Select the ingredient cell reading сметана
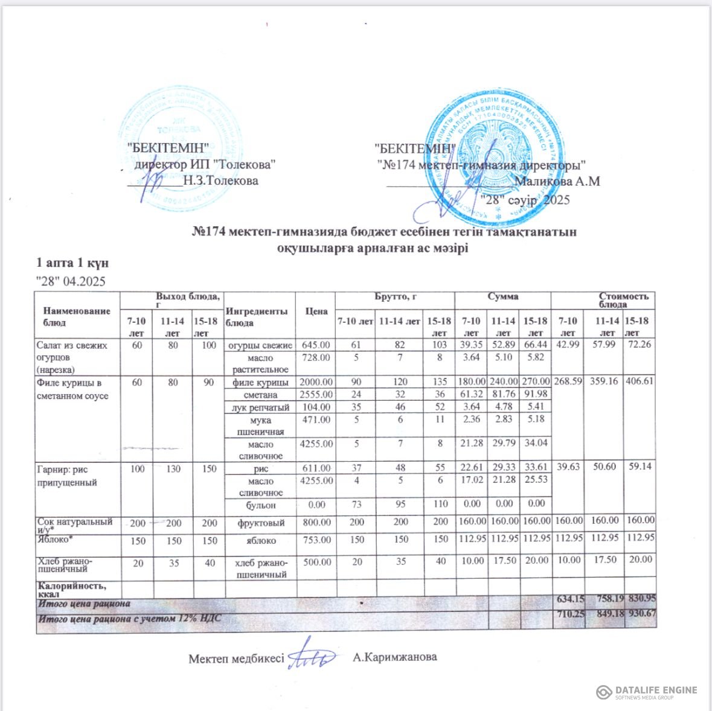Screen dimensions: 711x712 click(260, 395)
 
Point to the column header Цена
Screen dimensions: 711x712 click(316, 311)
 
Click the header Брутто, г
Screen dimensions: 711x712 click(394, 297)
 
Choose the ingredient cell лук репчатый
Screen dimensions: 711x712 click(260, 407)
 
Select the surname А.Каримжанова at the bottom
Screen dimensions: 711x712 click(394, 657)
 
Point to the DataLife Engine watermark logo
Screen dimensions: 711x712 click(646, 692)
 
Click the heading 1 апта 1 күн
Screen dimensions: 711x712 click(73, 263)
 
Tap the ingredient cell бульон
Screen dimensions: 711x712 click(260, 504)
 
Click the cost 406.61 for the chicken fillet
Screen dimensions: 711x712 click(640, 382)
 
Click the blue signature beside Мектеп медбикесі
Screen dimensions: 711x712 click(311, 655)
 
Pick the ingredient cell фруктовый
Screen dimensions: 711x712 click(260, 522)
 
